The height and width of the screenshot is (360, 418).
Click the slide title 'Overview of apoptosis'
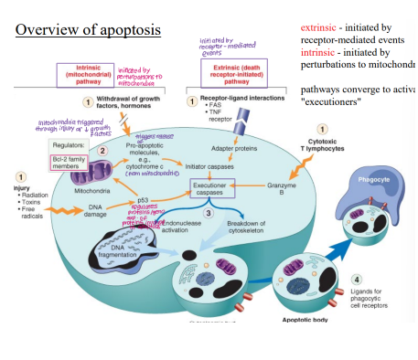pyautogui.click(x=88, y=30)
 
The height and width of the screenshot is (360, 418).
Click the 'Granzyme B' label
pyautogui.click(x=282, y=189)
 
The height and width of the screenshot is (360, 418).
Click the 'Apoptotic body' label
pyautogui.click(x=295, y=320)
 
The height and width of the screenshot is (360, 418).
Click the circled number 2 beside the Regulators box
pyautogui.click(x=103, y=149)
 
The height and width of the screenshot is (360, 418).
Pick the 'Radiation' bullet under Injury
pyautogui.click(x=34, y=194)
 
